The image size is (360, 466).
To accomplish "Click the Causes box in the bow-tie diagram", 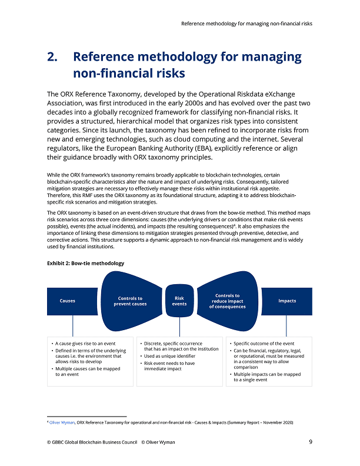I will click(68, 301).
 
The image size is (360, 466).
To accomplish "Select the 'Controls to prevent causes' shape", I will click(130, 301).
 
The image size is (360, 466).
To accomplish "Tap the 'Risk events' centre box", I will click(179, 301).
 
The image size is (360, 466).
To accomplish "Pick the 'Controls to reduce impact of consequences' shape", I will click(227, 301).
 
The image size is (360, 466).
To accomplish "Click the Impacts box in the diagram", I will click(287, 301).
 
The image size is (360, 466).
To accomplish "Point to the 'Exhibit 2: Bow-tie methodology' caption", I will click(85, 263).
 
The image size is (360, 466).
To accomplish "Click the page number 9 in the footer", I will click(310, 442).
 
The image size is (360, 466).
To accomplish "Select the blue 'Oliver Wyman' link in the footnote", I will click(62, 422).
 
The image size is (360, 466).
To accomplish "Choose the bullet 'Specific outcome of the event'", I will click(264, 344).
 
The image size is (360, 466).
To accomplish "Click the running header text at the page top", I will click(246, 24).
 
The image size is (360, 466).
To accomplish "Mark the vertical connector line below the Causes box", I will click(73, 325).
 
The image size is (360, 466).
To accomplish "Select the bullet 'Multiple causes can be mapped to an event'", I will click(87, 371).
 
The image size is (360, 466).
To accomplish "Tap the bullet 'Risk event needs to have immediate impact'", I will click(170, 366).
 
